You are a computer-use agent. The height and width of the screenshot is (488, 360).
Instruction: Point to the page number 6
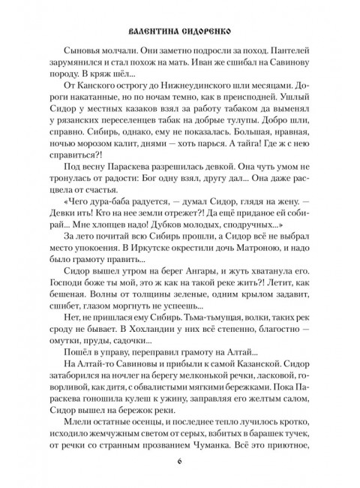click(x=180, y=459)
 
